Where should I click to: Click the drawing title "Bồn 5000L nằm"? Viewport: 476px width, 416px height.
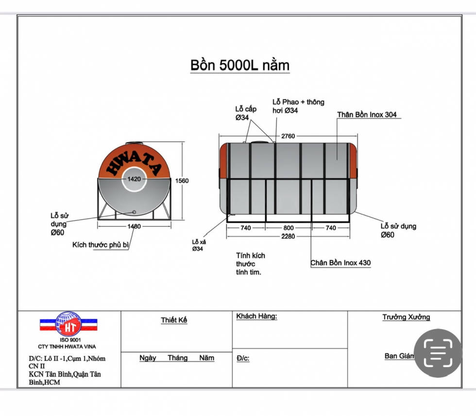pyautogui.click(x=240, y=65)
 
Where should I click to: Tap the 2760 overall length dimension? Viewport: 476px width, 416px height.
pyautogui.click(x=288, y=136)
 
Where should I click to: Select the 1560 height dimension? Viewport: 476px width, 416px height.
pyautogui.click(x=182, y=180)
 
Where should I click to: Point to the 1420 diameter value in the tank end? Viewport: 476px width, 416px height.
pyautogui.click(x=134, y=179)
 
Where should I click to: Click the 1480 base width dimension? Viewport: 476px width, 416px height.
pyautogui.click(x=134, y=226)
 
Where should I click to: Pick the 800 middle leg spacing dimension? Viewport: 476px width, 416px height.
pyautogui.click(x=289, y=228)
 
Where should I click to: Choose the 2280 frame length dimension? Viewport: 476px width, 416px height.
pyautogui.click(x=288, y=237)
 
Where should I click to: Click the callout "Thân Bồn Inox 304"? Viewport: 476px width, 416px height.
pyautogui.click(x=367, y=115)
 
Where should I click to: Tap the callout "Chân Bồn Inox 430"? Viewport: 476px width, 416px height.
pyautogui.click(x=340, y=263)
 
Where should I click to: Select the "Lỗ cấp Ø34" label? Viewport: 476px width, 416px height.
pyautogui.click(x=246, y=113)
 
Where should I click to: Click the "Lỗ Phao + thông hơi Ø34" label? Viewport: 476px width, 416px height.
pyautogui.click(x=298, y=106)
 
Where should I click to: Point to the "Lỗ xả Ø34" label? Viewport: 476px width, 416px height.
pyautogui.click(x=198, y=245)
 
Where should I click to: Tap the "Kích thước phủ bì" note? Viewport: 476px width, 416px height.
pyautogui.click(x=101, y=245)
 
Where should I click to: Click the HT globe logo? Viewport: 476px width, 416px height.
pyautogui.click(x=68, y=323)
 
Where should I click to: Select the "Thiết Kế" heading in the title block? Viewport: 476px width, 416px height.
pyautogui.click(x=174, y=320)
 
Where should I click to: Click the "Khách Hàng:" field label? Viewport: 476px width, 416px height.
pyautogui.click(x=256, y=317)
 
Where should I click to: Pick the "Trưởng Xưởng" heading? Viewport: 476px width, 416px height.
pyautogui.click(x=406, y=317)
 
